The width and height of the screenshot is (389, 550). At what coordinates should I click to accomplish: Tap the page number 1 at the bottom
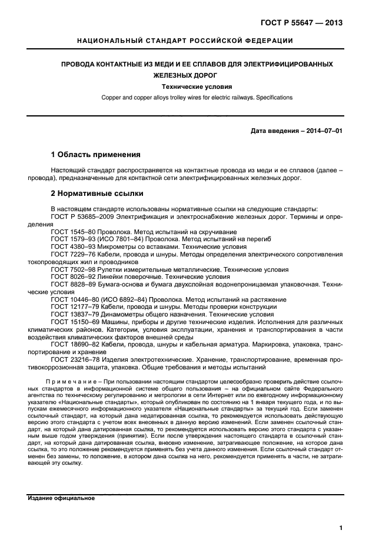tap(341, 528)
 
